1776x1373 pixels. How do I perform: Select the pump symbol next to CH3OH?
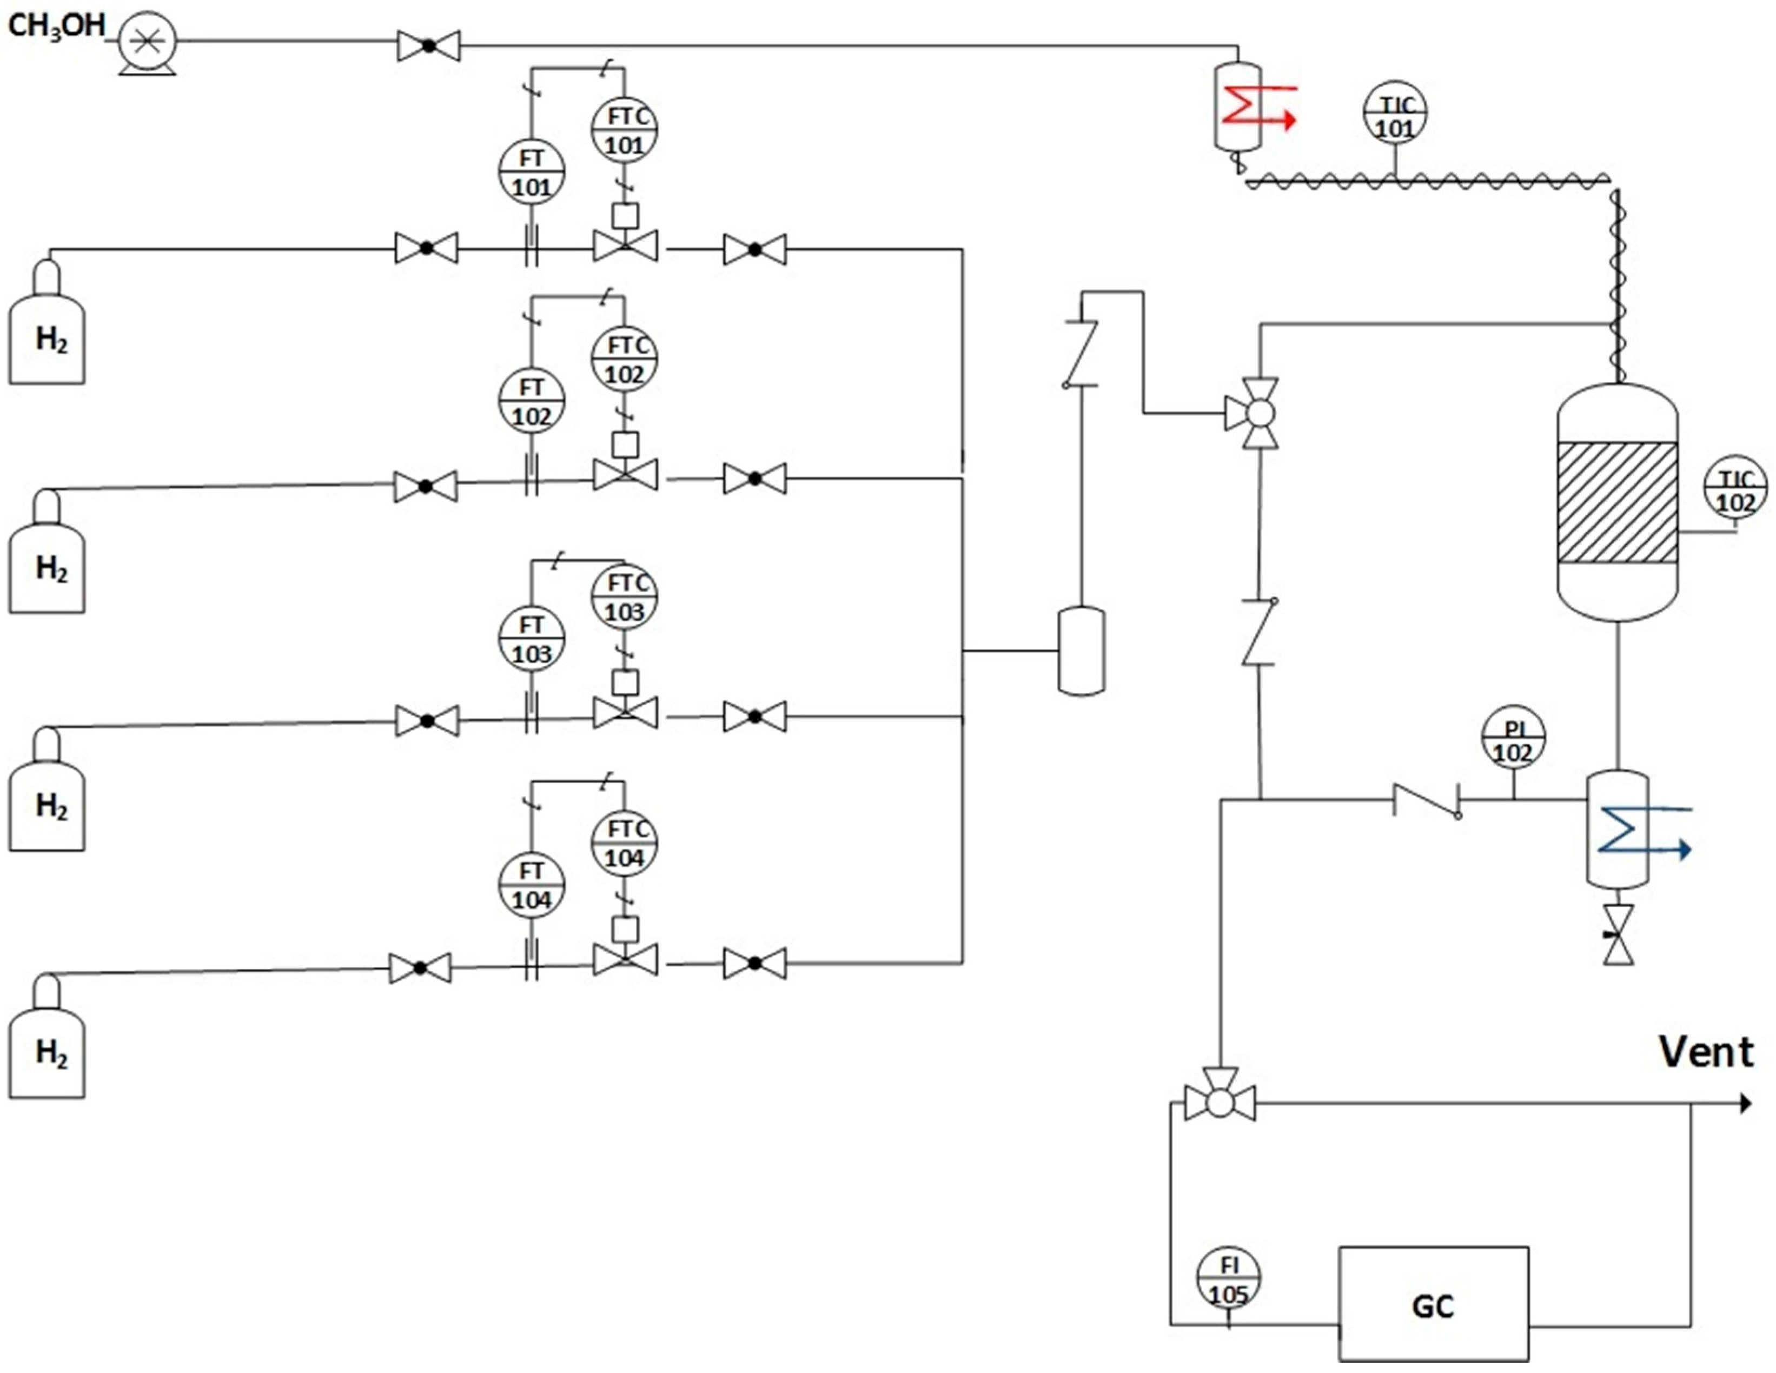pos(147,42)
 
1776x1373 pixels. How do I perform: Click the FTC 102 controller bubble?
pos(625,359)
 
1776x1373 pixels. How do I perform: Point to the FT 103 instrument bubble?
pos(531,639)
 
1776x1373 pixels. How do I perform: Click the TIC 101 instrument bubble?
pos(1395,116)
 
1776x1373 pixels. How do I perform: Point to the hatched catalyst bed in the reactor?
pos(1616,502)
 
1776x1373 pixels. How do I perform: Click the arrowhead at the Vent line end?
pos(1744,1103)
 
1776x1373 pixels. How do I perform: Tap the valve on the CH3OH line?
pos(428,47)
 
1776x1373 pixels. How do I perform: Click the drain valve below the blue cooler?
pos(1618,935)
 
